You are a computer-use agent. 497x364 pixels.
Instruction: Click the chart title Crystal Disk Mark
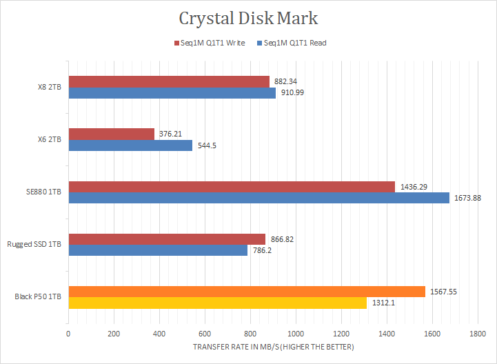click(x=249, y=17)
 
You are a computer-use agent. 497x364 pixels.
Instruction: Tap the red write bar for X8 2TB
click(x=168, y=81)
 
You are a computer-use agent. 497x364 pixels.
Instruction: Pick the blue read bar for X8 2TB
click(x=172, y=93)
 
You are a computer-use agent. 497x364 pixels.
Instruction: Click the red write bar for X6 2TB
click(x=111, y=134)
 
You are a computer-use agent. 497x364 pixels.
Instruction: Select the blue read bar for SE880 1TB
click(x=258, y=198)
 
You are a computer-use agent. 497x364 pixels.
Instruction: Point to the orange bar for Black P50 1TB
click(x=246, y=292)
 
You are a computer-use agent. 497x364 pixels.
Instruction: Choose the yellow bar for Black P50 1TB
click(x=217, y=303)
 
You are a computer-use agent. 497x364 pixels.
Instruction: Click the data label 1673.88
click(x=467, y=199)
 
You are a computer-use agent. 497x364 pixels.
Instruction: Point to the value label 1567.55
click(x=443, y=292)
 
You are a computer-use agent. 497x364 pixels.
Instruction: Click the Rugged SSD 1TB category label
click(x=34, y=245)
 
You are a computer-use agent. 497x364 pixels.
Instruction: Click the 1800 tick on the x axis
click(x=477, y=333)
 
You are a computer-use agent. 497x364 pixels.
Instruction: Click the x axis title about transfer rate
click(x=273, y=346)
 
